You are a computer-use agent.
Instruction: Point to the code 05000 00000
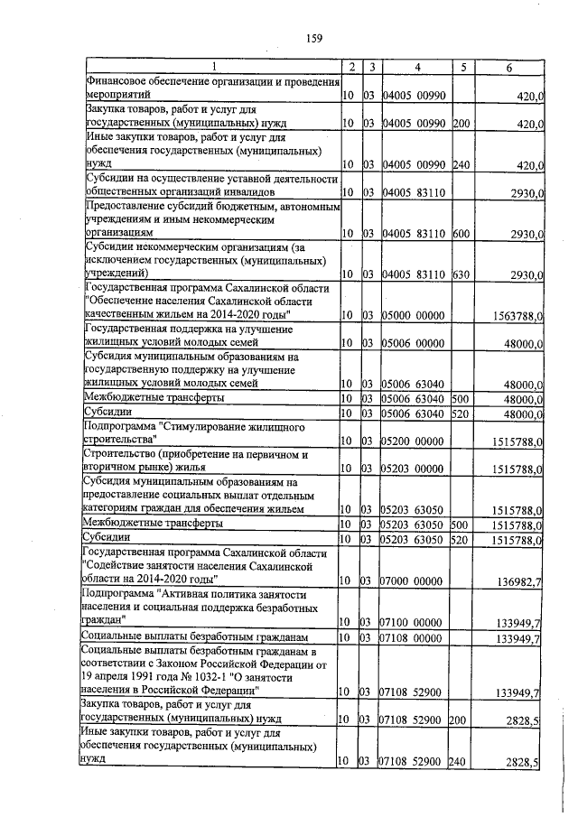(x=415, y=315)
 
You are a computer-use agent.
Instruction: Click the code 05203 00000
(x=415, y=469)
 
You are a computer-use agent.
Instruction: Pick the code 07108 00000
(x=415, y=639)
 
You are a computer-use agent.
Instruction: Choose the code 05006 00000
(x=415, y=343)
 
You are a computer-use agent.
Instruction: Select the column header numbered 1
(x=213, y=67)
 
